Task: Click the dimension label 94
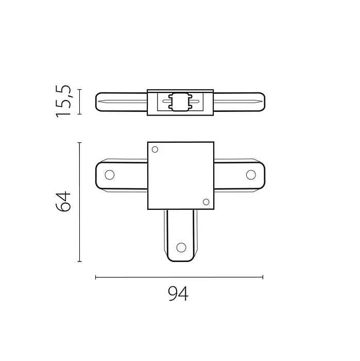pyautogui.click(x=178, y=294)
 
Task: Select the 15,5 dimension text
pyautogui.click(x=64, y=102)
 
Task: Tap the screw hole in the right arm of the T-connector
pyautogui.click(x=251, y=174)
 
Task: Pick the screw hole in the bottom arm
pyautogui.click(x=180, y=248)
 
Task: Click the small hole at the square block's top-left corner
pyautogui.click(x=155, y=149)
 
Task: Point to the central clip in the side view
pyautogui.click(x=180, y=102)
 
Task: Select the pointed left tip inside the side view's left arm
pyautogui.click(x=100, y=102)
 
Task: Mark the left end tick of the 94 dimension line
pyautogui.click(x=96, y=277)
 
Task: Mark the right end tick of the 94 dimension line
pyautogui.click(x=263, y=277)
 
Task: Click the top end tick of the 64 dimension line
pyautogui.click(x=79, y=142)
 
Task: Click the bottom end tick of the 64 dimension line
pyautogui.click(x=79, y=261)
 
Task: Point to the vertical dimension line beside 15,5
pyautogui.click(x=79, y=102)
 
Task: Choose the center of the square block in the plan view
pyautogui.click(x=180, y=175)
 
